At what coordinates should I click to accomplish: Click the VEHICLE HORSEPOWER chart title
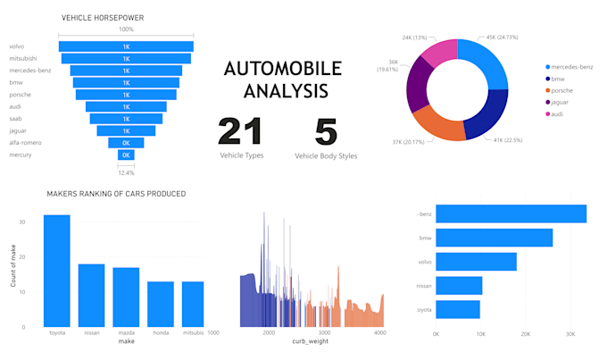[103, 18]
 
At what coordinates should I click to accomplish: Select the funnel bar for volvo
[126, 46]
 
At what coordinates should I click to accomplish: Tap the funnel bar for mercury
[126, 155]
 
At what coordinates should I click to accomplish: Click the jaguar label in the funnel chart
[18, 130]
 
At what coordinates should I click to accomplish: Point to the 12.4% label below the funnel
[126, 172]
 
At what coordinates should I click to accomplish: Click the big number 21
[241, 131]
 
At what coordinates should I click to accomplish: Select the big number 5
[326, 131]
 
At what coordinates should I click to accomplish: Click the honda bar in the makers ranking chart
[161, 304]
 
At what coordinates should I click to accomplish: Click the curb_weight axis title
[312, 342]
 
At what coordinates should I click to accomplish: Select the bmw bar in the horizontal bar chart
[494, 239]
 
